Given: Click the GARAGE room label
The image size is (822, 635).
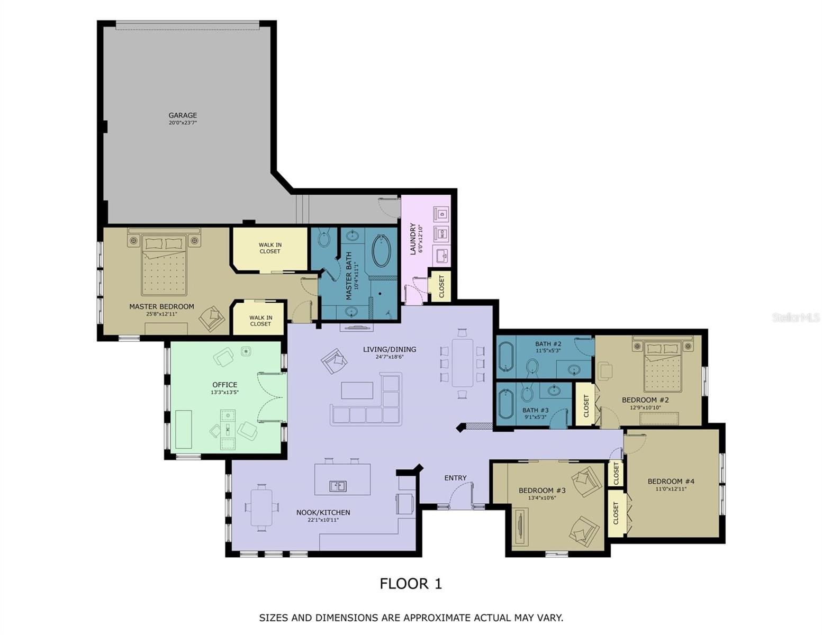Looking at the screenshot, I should point(183,115).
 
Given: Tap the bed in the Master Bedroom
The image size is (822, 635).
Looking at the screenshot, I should point(164,265).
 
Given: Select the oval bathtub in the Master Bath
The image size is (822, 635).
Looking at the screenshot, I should point(381,250).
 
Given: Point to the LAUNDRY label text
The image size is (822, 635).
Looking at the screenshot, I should point(413,239).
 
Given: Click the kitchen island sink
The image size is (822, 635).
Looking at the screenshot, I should point(338,486).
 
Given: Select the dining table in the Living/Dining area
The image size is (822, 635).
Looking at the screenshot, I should point(463,362).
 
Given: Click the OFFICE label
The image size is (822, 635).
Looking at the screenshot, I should point(224,385).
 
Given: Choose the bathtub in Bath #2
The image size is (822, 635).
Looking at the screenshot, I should point(505,357).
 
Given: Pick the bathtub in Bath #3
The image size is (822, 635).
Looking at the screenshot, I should point(505,404).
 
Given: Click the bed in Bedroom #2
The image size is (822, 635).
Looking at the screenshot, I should point(662,365).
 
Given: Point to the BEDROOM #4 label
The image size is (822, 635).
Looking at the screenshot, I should point(671,482).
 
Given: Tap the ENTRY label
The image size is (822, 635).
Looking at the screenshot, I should point(455,478).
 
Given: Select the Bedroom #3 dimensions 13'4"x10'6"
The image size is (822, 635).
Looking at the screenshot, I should point(542,497).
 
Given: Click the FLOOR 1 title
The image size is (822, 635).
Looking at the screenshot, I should point(411,584).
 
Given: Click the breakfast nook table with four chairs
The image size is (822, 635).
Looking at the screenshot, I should point(261,507).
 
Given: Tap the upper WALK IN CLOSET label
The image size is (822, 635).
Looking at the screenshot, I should point(270,248).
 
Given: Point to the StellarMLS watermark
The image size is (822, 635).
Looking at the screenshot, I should point(796,317).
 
